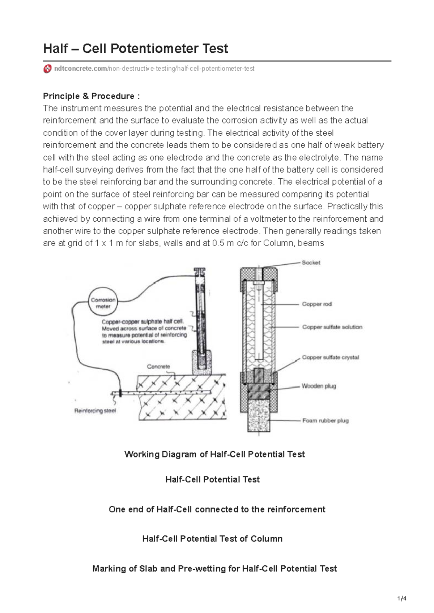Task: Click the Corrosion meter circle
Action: pyautogui.click(x=103, y=303)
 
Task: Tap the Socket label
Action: pyautogui.click(x=311, y=262)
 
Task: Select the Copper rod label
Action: pyautogui.click(x=317, y=304)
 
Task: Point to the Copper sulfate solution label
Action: pyautogui.click(x=332, y=327)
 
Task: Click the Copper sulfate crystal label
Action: pyautogui.click(x=330, y=357)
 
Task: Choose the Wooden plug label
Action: pyautogui.click(x=319, y=386)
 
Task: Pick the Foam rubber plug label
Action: pyautogui.click(x=325, y=420)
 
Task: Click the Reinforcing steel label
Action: pyautogui.click(x=95, y=410)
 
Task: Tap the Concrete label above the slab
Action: pyautogui.click(x=158, y=366)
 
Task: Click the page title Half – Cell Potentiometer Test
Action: pyautogui.click(x=136, y=48)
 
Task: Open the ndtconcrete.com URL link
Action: pyautogui.click(x=154, y=68)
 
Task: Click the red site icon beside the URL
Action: pyautogui.click(x=47, y=69)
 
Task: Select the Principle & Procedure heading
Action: pyautogui.click(x=91, y=96)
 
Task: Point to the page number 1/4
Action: pyautogui.click(x=402, y=599)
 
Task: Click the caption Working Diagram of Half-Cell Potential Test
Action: pyautogui.click(x=214, y=454)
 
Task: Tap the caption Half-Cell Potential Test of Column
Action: pyautogui.click(x=212, y=539)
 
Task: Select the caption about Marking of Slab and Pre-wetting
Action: pyautogui.click(x=214, y=569)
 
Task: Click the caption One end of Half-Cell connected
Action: pyautogui.click(x=217, y=509)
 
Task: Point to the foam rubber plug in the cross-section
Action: pyautogui.click(x=259, y=417)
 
